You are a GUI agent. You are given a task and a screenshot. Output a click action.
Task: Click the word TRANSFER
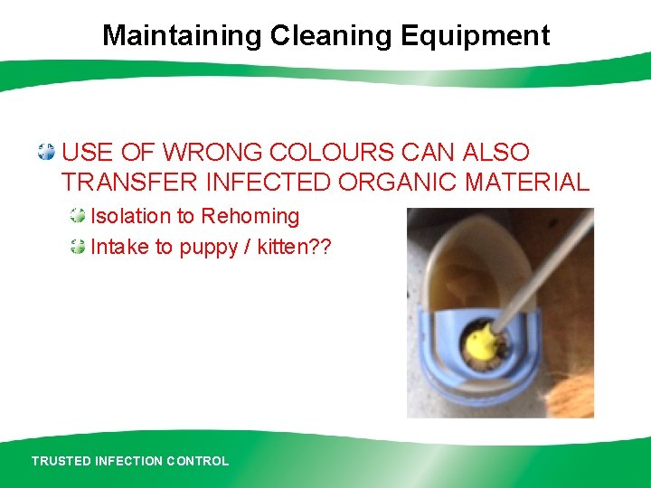click(x=129, y=182)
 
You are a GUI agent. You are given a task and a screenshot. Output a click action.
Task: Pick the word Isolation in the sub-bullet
click(x=130, y=217)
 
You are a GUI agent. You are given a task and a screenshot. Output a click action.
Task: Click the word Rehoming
click(x=250, y=217)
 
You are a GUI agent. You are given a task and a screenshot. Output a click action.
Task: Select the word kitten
click(x=282, y=247)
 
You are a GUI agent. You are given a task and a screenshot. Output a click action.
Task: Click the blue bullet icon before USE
click(x=46, y=152)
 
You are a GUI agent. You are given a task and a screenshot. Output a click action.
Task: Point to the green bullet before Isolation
click(x=79, y=216)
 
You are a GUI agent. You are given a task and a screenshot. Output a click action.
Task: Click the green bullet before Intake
click(x=79, y=246)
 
